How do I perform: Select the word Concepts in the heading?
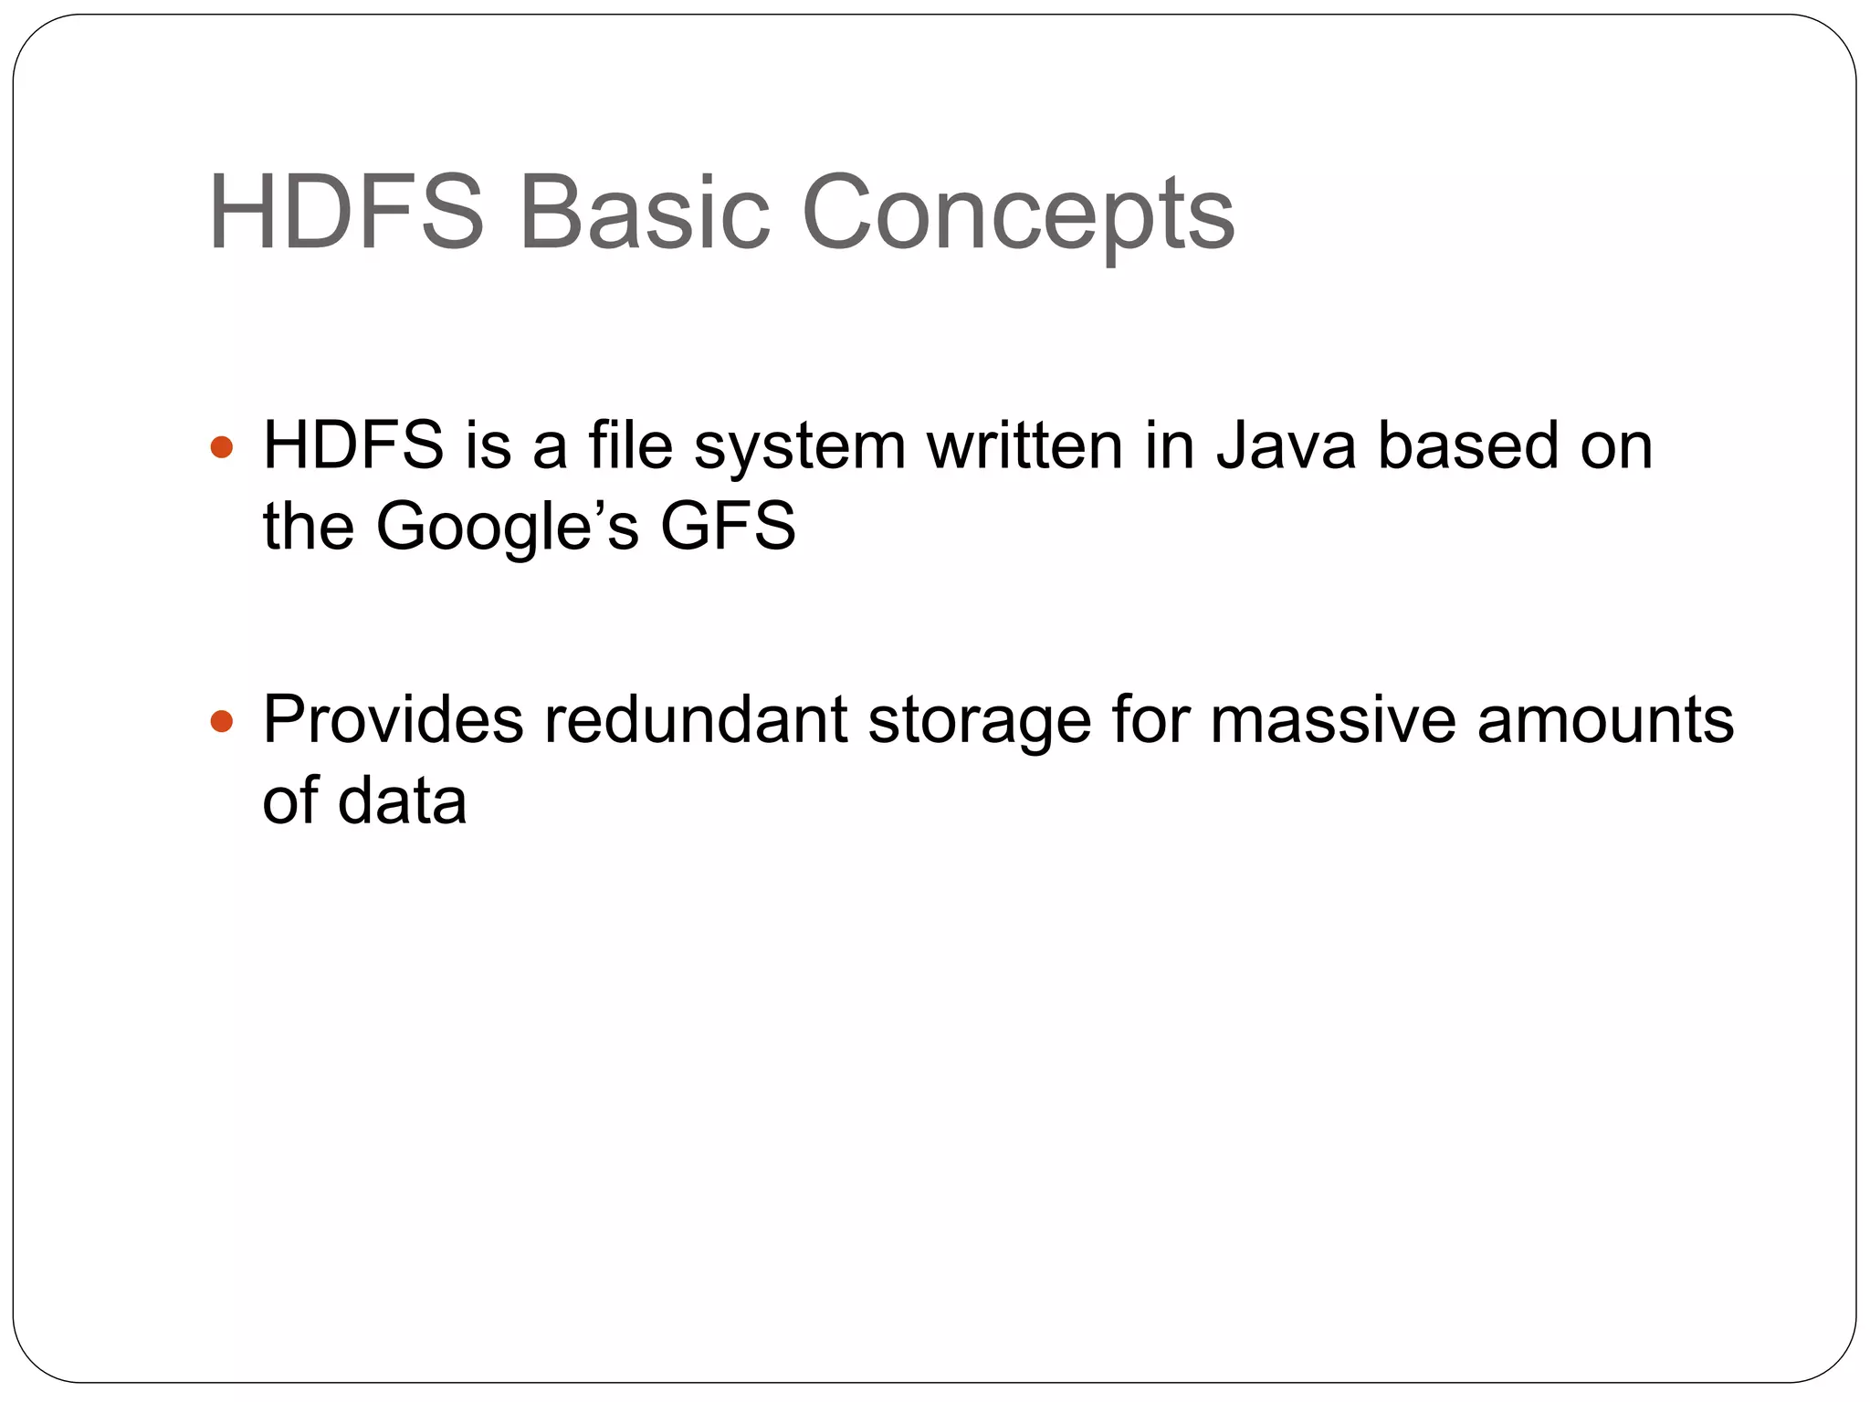coord(1018,215)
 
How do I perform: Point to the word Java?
coord(1287,446)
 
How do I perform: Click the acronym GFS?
coord(728,527)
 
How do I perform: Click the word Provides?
coord(393,720)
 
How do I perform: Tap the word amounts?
coord(1605,720)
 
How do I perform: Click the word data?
coord(402,801)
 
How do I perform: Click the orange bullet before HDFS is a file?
coord(221,448)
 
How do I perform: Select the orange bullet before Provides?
coord(221,723)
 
